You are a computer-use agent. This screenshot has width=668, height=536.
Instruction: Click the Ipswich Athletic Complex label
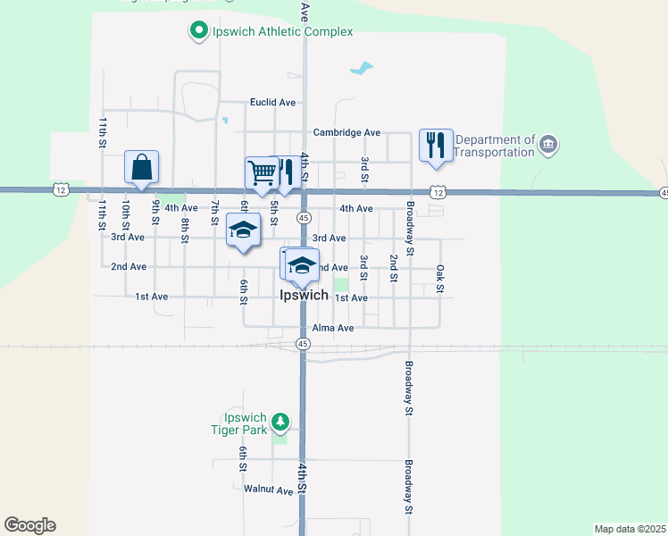(282, 32)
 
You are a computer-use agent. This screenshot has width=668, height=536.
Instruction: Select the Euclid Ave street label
(272, 103)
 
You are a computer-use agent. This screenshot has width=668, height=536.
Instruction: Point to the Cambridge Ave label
(347, 133)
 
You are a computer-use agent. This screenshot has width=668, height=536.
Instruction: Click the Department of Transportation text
(494, 146)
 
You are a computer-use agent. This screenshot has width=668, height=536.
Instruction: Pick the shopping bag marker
(141, 167)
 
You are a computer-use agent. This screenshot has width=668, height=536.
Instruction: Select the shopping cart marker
(262, 172)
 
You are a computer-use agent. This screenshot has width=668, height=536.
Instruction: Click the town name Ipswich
(304, 295)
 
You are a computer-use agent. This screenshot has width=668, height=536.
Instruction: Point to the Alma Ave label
(333, 328)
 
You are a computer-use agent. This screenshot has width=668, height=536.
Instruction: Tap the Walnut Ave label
(268, 490)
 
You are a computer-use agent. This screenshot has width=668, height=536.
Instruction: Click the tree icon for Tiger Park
(280, 421)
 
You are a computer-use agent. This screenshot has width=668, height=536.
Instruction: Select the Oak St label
(439, 278)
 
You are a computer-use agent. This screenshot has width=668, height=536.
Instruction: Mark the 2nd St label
(393, 267)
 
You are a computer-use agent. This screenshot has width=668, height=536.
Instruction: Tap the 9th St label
(155, 214)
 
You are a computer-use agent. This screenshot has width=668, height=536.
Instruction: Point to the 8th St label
(185, 230)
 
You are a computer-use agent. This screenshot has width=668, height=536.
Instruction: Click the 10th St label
(127, 214)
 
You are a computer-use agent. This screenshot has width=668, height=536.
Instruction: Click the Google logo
(29, 525)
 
